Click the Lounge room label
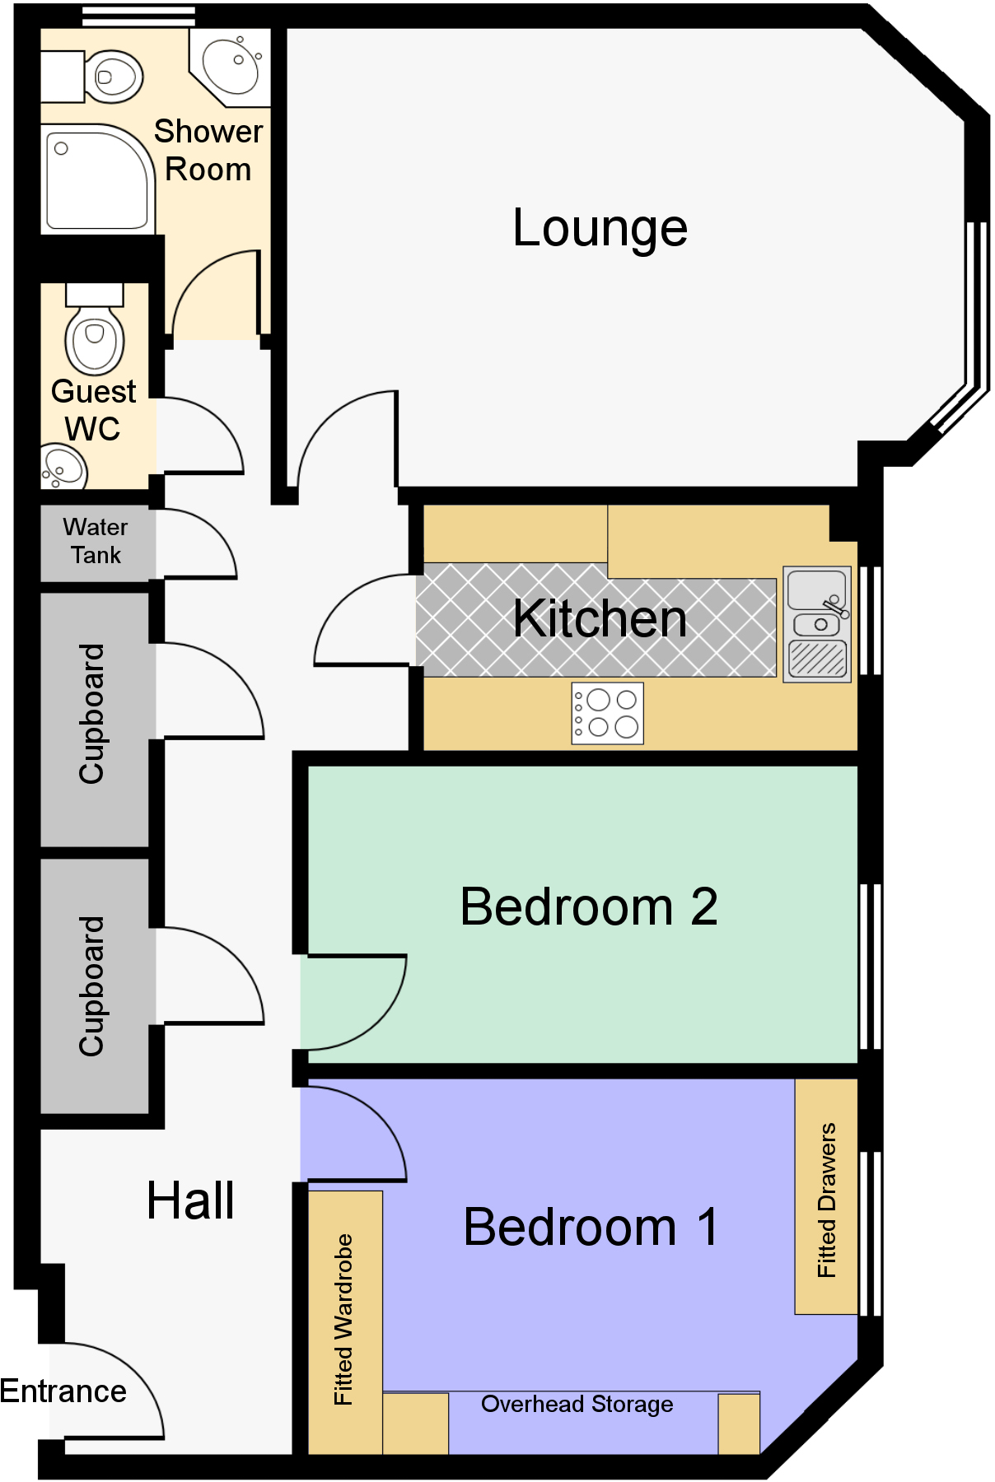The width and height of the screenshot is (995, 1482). pyautogui.click(x=600, y=228)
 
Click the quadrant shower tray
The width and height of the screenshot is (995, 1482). pyautogui.click(x=95, y=180)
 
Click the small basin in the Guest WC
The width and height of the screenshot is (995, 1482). pyautogui.click(x=63, y=467)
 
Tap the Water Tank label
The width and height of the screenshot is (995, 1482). pyautogui.click(x=96, y=541)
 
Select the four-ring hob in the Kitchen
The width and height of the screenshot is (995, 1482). pyautogui.click(x=608, y=713)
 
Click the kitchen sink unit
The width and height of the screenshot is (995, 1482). pyautogui.click(x=817, y=624)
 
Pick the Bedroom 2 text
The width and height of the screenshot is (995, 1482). pyautogui.click(x=588, y=906)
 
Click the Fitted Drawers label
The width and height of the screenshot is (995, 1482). pyautogui.click(x=826, y=1200)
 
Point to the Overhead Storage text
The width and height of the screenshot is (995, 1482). pyautogui.click(x=577, y=1404)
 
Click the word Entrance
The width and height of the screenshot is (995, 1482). pyautogui.click(x=63, y=1391)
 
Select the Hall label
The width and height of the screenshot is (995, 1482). pyautogui.click(x=190, y=1200)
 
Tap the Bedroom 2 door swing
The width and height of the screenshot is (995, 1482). pyautogui.click(x=362, y=1009)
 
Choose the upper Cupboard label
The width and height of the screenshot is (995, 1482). pyautogui.click(x=91, y=713)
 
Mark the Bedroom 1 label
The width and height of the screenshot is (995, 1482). pyautogui.click(x=590, y=1227)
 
